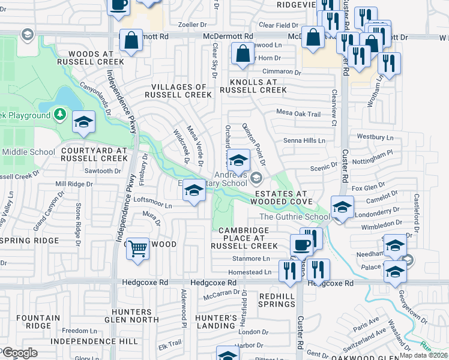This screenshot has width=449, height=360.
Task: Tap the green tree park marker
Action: pos(59,114)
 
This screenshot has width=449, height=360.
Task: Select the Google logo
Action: pos(20,353)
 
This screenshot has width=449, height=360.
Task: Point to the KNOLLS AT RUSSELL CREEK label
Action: pos(253,85)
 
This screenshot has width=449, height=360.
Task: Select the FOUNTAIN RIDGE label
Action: pos(38,321)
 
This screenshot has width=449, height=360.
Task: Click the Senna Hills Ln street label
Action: pos(304,140)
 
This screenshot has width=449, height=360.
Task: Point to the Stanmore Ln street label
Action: pos(251,259)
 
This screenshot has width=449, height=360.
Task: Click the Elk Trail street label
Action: pos(169,343)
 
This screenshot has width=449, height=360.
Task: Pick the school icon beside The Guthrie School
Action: pos(342,207)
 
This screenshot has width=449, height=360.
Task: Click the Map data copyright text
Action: pos(424,355)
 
